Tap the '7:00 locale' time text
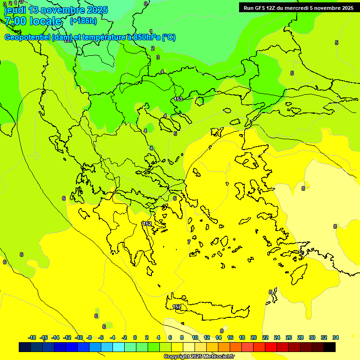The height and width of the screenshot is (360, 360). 33,21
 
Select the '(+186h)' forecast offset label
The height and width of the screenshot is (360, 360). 83,21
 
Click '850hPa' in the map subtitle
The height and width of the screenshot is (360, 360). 146,37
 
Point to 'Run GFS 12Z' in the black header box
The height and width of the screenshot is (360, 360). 259,8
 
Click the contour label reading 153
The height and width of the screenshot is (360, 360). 178,99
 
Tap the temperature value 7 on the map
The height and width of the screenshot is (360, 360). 189,242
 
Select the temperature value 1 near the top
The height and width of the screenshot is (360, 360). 151,31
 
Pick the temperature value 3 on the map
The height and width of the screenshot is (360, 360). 158,57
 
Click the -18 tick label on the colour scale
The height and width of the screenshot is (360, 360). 32,337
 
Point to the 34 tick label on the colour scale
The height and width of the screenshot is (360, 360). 336,337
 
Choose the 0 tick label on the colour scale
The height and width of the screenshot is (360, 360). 135,337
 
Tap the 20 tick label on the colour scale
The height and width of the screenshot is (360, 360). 254,337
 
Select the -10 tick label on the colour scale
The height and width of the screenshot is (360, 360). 79,337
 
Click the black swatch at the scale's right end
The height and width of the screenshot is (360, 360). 330,347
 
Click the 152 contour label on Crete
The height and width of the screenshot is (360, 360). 177,307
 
